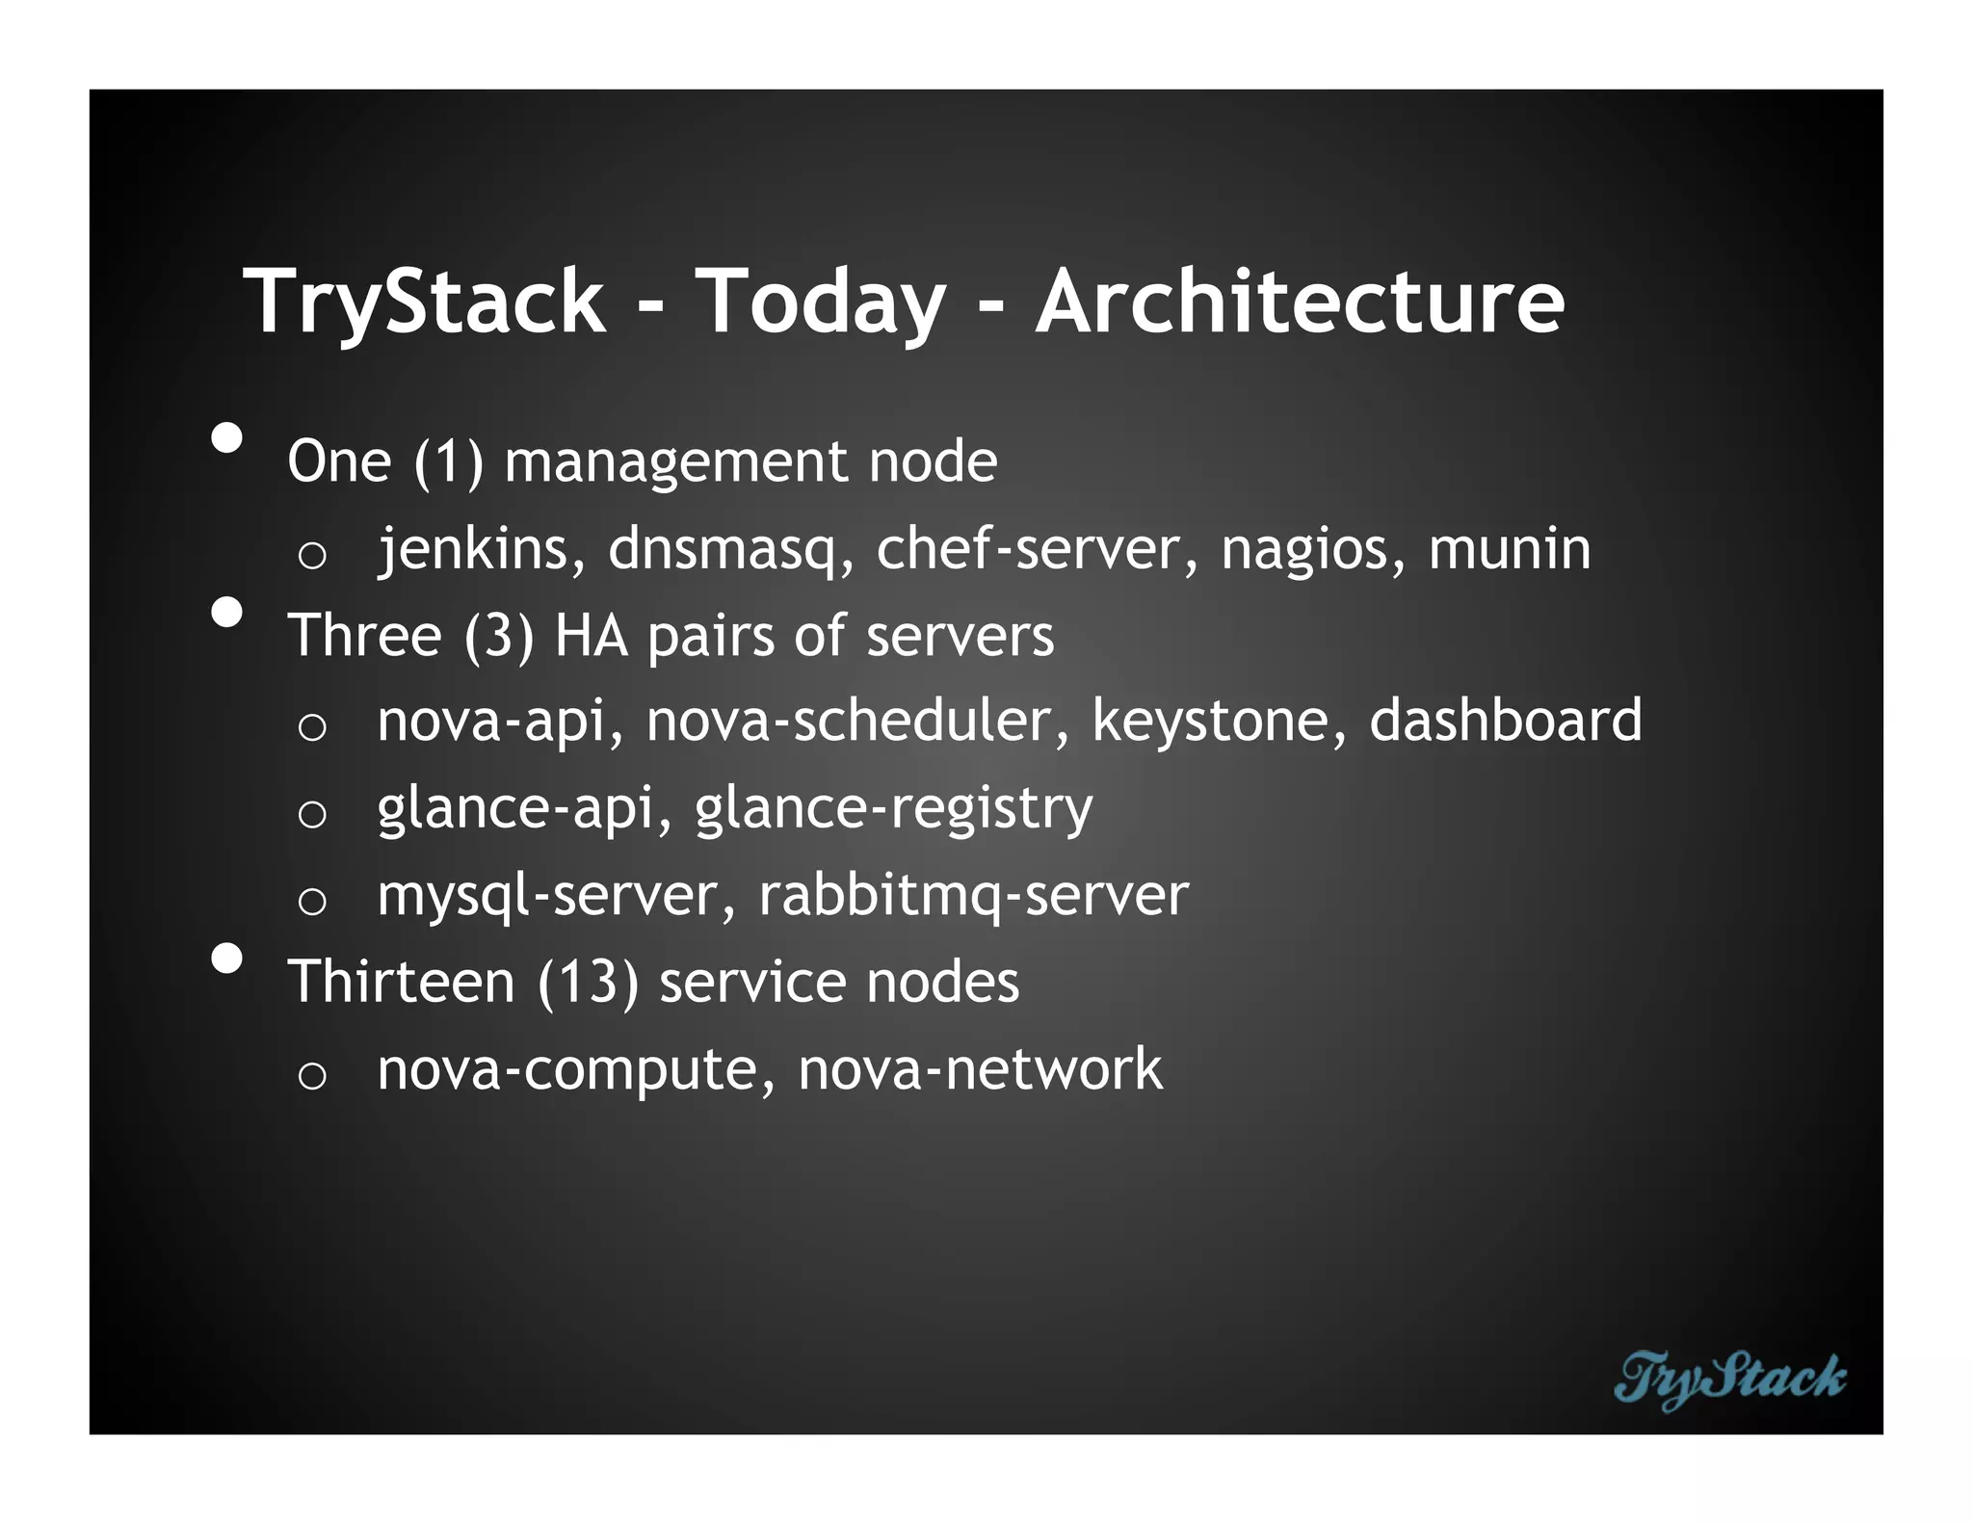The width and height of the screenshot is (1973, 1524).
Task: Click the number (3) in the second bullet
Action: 498,636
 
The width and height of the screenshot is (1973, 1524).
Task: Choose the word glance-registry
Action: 893,809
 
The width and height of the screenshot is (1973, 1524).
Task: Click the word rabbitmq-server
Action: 973,896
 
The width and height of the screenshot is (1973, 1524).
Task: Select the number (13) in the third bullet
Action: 587,983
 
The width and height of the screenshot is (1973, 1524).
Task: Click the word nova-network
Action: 980,1068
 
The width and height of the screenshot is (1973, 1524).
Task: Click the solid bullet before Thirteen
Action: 227,959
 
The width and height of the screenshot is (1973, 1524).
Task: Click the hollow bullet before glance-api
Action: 312,815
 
